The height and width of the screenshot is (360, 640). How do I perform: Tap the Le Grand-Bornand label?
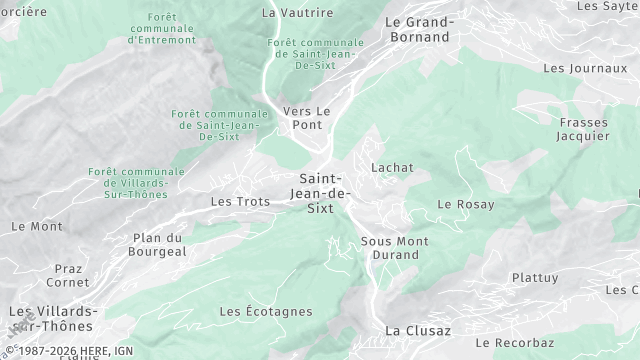[420, 29]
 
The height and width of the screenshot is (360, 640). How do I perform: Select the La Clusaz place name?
[418, 330]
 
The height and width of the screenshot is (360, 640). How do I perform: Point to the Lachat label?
[392, 168]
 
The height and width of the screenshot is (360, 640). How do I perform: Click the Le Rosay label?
[466, 204]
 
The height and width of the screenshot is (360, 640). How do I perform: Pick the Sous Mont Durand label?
[394, 248]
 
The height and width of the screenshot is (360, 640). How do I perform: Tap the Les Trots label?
[240, 201]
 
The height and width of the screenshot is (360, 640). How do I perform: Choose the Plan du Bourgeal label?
[159, 245]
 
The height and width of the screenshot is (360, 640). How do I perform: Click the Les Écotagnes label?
[265, 312]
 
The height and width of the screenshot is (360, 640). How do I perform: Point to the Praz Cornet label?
[68, 275]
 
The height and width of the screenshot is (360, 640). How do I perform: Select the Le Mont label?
[37, 226]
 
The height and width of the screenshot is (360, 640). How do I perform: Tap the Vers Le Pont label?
[306, 118]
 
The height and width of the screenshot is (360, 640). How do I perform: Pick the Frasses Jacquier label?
[583, 129]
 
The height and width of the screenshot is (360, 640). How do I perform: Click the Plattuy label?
[535, 277]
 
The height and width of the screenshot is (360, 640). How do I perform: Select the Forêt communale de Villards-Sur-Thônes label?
[136, 184]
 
